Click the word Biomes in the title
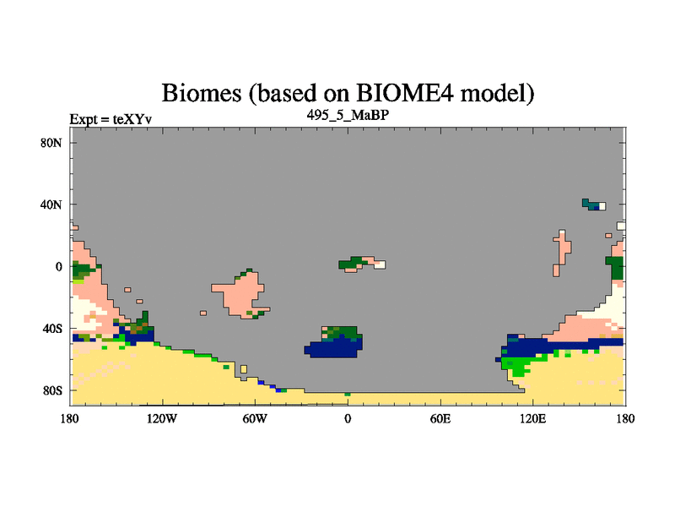click(202, 93)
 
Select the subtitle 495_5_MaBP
click(348, 115)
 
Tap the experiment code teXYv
click(132, 119)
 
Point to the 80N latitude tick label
click(51, 143)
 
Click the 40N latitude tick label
click(51, 204)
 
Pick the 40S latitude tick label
click(52, 329)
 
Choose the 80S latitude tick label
click(52, 391)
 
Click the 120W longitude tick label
click(162, 418)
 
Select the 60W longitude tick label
click(255, 418)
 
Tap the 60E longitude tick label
click(440, 418)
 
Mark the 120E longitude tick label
click(533, 418)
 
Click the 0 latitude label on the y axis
click(58, 267)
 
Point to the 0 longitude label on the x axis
click(348, 418)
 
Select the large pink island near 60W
click(242, 293)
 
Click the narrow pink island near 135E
click(563, 252)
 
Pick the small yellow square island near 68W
click(244, 369)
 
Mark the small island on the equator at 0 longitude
click(362, 264)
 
